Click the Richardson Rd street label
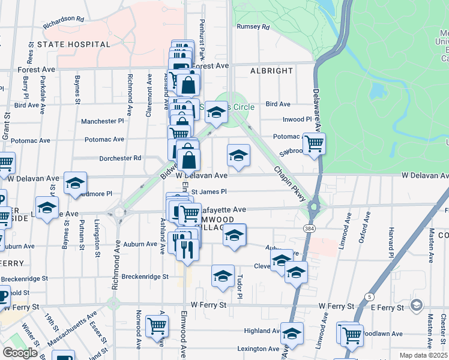[x=63, y=21]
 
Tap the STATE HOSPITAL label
[x=74, y=44]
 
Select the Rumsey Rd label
[x=253, y=27]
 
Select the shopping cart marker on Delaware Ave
[x=314, y=144]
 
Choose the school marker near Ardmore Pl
[x=76, y=184]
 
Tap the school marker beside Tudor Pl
[x=223, y=277]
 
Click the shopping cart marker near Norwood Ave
[x=157, y=326]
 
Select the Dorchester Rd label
[x=120, y=158]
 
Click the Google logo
[x=20, y=353]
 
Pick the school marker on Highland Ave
[x=292, y=334]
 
